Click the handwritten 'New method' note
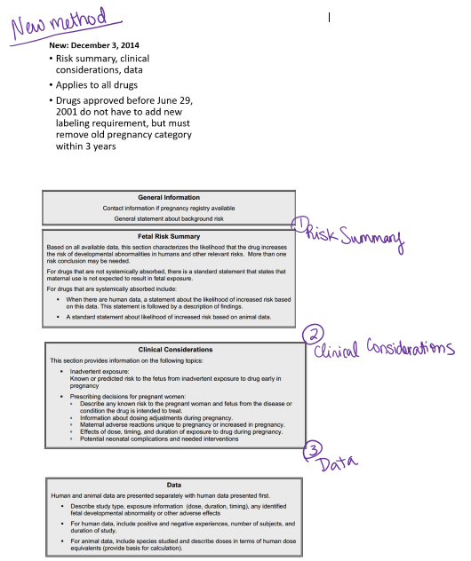(x=59, y=24)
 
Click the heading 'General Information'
(x=168, y=197)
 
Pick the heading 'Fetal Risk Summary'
(x=168, y=237)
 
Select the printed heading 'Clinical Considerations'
(x=170, y=350)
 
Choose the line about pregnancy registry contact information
(x=169, y=208)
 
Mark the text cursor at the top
(x=329, y=16)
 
